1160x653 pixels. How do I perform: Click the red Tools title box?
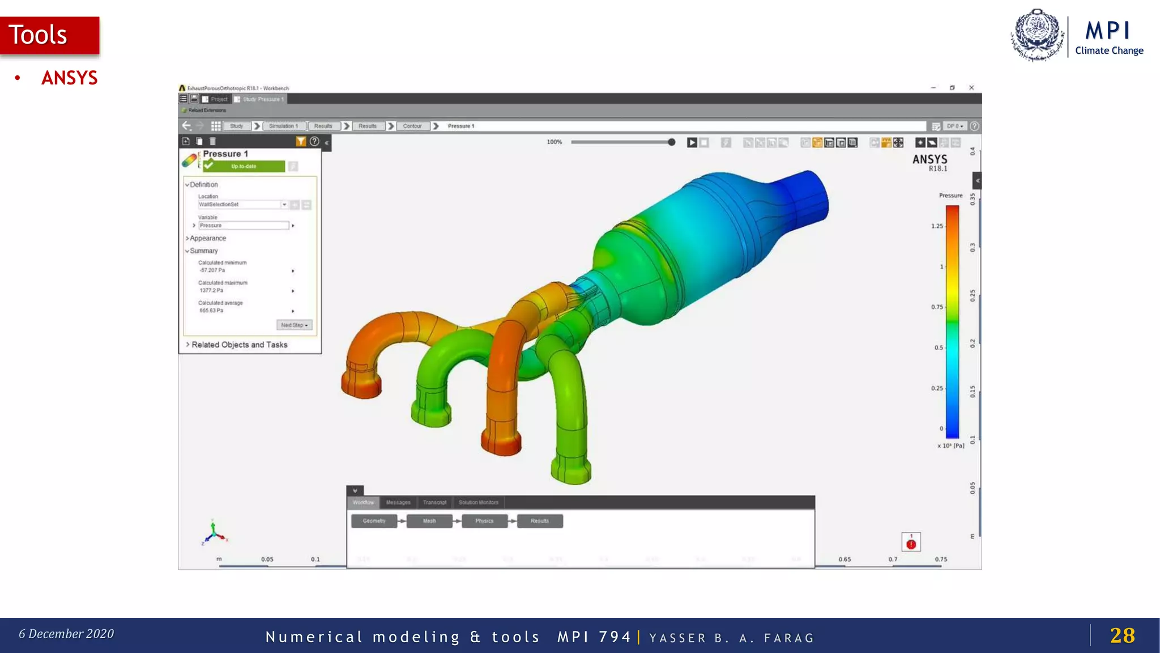pyautogui.click(x=50, y=35)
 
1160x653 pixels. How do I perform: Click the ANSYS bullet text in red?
pyautogui.click(x=69, y=78)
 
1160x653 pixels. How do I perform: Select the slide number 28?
pyautogui.click(x=1122, y=635)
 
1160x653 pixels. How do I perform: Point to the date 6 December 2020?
pyautogui.click(x=66, y=634)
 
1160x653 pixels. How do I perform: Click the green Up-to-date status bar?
pyautogui.click(x=244, y=166)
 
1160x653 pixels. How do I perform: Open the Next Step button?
pyautogui.click(x=294, y=325)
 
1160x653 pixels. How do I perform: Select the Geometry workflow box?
pyautogui.click(x=374, y=521)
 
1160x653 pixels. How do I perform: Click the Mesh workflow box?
pyautogui.click(x=429, y=521)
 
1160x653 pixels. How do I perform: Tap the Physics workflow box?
pyautogui.click(x=484, y=521)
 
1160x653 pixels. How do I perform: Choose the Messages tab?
pyautogui.click(x=398, y=502)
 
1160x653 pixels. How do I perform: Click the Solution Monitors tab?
pyautogui.click(x=479, y=502)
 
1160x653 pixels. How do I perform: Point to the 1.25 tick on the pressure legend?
pyautogui.click(x=937, y=226)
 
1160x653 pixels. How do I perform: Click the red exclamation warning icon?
pyautogui.click(x=911, y=544)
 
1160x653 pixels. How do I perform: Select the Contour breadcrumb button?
pyautogui.click(x=412, y=126)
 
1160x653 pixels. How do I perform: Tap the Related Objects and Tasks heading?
pyautogui.click(x=239, y=345)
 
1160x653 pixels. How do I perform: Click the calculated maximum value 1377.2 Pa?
pyautogui.click(x=211, y=290)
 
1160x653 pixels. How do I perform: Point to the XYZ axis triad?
pyautogui.click(x=214, y=533)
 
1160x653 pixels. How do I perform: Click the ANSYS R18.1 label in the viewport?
pyautogui.click(x=929, y=162)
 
